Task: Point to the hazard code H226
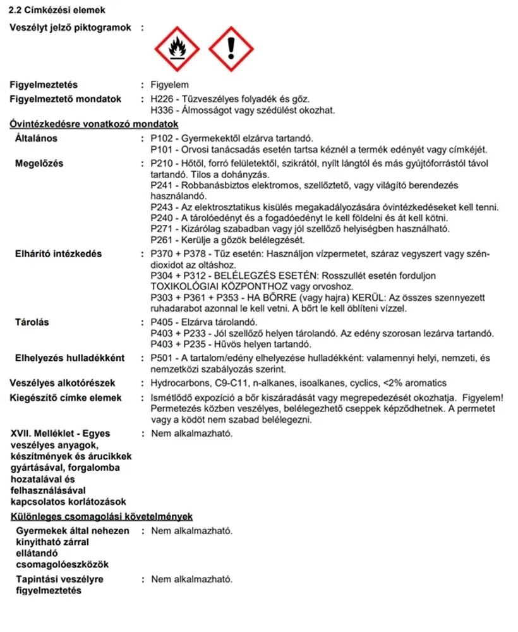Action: pos(163,99)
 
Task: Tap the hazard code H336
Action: pos(163,110)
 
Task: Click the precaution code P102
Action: pos(163,138)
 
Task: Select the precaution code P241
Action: pos(163,185)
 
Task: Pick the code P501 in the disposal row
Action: pos(163,358)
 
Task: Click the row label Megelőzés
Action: pos(39,164)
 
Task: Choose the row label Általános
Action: pos(36,138)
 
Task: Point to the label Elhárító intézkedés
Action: pos(58,254)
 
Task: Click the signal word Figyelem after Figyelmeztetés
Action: pos(169,85)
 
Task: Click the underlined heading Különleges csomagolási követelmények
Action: pos(102,517)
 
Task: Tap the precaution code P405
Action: pos(163,323)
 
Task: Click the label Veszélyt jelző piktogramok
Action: pos(70,28)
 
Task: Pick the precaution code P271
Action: pos(163,228)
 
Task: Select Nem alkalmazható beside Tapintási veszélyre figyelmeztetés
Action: pos(191,579)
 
